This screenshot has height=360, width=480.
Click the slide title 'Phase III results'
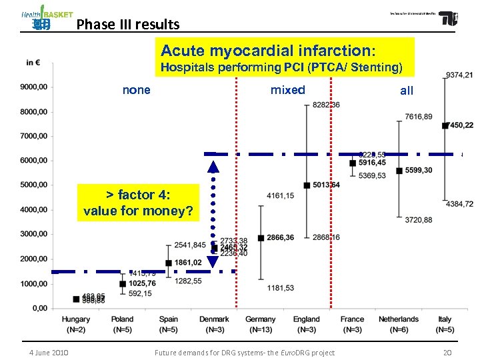[128, 25]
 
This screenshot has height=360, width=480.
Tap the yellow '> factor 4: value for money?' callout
[139, 203]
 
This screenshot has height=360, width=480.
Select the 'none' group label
[137, 90]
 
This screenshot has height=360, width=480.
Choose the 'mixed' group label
[287, 90]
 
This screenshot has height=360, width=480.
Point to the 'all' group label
[407, 91]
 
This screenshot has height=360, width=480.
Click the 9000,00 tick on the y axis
[33, 87]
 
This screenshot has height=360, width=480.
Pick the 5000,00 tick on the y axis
[33, 185]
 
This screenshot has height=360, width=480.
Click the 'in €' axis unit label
[33, 63]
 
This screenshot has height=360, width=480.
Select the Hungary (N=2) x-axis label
[76, 324]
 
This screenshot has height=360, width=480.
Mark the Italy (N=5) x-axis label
[445, 324]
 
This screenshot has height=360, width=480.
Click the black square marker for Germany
[261, 238]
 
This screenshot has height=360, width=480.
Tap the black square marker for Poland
[123, 283]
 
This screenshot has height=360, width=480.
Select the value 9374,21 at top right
[459, 75]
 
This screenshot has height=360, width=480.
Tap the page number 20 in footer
[447, 352]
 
